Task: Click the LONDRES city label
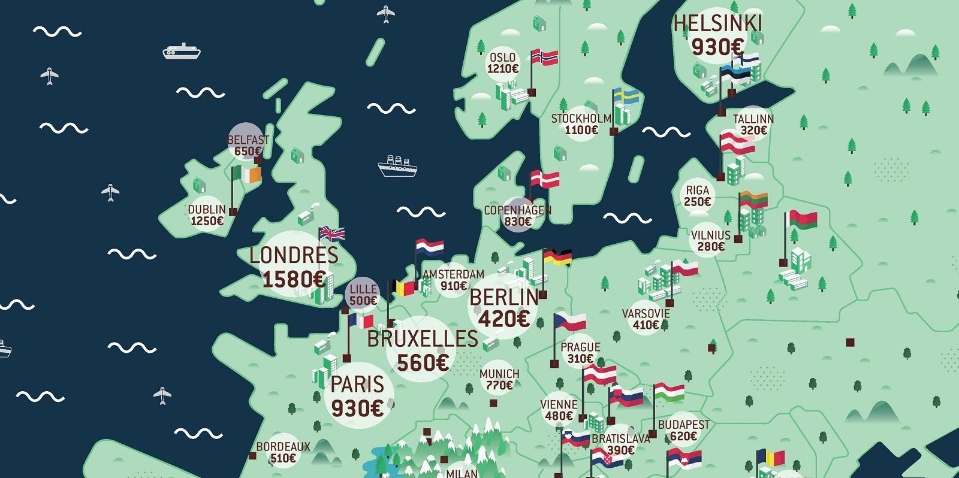coord(294,255)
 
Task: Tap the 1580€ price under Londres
coord(294,279)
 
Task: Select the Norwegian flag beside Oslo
coord(545,58)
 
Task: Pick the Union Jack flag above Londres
coord(331,233)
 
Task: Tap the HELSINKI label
coord(717,23)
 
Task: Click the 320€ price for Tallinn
coord(753,131)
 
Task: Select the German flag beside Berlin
coord(557,258)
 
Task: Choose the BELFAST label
coord(248,140)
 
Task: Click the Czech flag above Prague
coord(569,321)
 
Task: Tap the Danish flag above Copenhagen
coord(545,178)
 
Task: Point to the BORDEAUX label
coord(283,446)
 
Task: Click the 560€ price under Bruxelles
coord(422,362)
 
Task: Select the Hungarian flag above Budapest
coord(669,392)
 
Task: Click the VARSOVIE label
coord(646,314)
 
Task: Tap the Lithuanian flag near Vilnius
coord(753,199)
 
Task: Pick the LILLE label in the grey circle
coord(363,289)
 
